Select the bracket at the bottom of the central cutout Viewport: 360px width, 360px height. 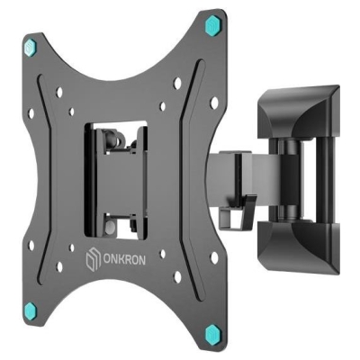click(121, 216)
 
